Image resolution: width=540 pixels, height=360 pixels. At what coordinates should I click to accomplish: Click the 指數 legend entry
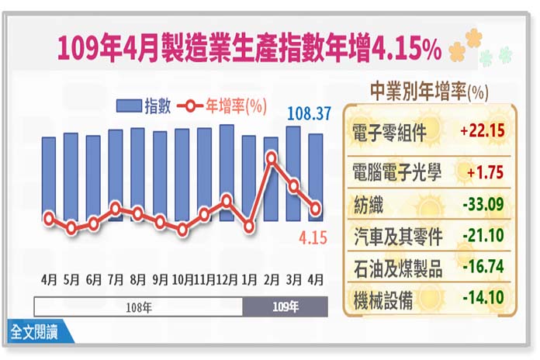tap(144, 107)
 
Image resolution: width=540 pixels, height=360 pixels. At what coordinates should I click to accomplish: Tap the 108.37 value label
tap(310, 113)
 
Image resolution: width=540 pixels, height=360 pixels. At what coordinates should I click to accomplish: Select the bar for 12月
tap(227, 172)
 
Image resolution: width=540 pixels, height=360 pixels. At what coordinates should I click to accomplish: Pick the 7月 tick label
tap(115, 277)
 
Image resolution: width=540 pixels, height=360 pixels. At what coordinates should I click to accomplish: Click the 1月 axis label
tap(249, 277)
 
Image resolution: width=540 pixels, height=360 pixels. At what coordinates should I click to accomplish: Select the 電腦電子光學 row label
tap(395, 173)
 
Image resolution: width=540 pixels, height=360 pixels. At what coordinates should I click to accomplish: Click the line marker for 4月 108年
tap(49, 218)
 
